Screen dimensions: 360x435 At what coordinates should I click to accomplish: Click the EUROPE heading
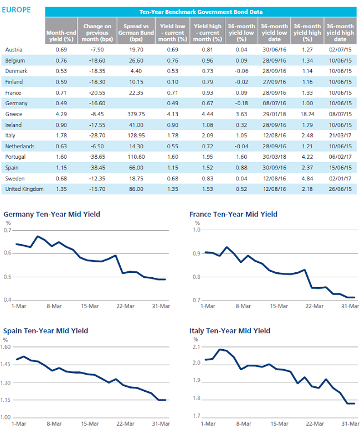[x=16, y=10]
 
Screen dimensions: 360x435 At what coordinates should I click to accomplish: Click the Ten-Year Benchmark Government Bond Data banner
[x=200, y=12]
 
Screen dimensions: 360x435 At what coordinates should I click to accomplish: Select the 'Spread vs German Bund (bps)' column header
[x=136, y=33]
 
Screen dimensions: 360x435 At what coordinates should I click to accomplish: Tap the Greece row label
[x=14, y=114]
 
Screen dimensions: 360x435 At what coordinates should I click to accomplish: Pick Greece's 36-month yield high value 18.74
[x=307, y=114]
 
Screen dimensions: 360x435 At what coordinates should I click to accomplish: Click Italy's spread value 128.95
[x=136, y=136]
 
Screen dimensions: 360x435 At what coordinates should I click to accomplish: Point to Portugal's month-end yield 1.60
[x=61, y=157]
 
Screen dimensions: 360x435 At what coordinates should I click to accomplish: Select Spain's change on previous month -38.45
[x=97, y=168]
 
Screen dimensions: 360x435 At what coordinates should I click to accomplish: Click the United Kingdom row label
[x=24, y=189]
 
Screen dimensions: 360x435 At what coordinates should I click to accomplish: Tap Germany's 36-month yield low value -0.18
[x=241, y=103]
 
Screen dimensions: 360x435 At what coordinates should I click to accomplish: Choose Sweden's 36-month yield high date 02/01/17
[x=340, y=178]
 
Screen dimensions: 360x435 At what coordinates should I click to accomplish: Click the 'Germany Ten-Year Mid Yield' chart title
[x=52, y=214]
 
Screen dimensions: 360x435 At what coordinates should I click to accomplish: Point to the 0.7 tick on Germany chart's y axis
[x=8, y=230]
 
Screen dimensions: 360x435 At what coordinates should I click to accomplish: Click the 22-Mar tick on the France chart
[x=315, y=306]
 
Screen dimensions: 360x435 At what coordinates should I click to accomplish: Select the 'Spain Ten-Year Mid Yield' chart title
[x=46, y=331]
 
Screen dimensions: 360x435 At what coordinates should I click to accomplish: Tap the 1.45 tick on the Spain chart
[x=6, y=364]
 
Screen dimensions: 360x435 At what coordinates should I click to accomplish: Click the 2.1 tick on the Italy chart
[x=197, y=347]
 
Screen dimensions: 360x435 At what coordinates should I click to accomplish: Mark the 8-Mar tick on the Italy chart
[x=244, y=423]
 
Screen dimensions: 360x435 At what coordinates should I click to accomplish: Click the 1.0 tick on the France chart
[x=197, y=230]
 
